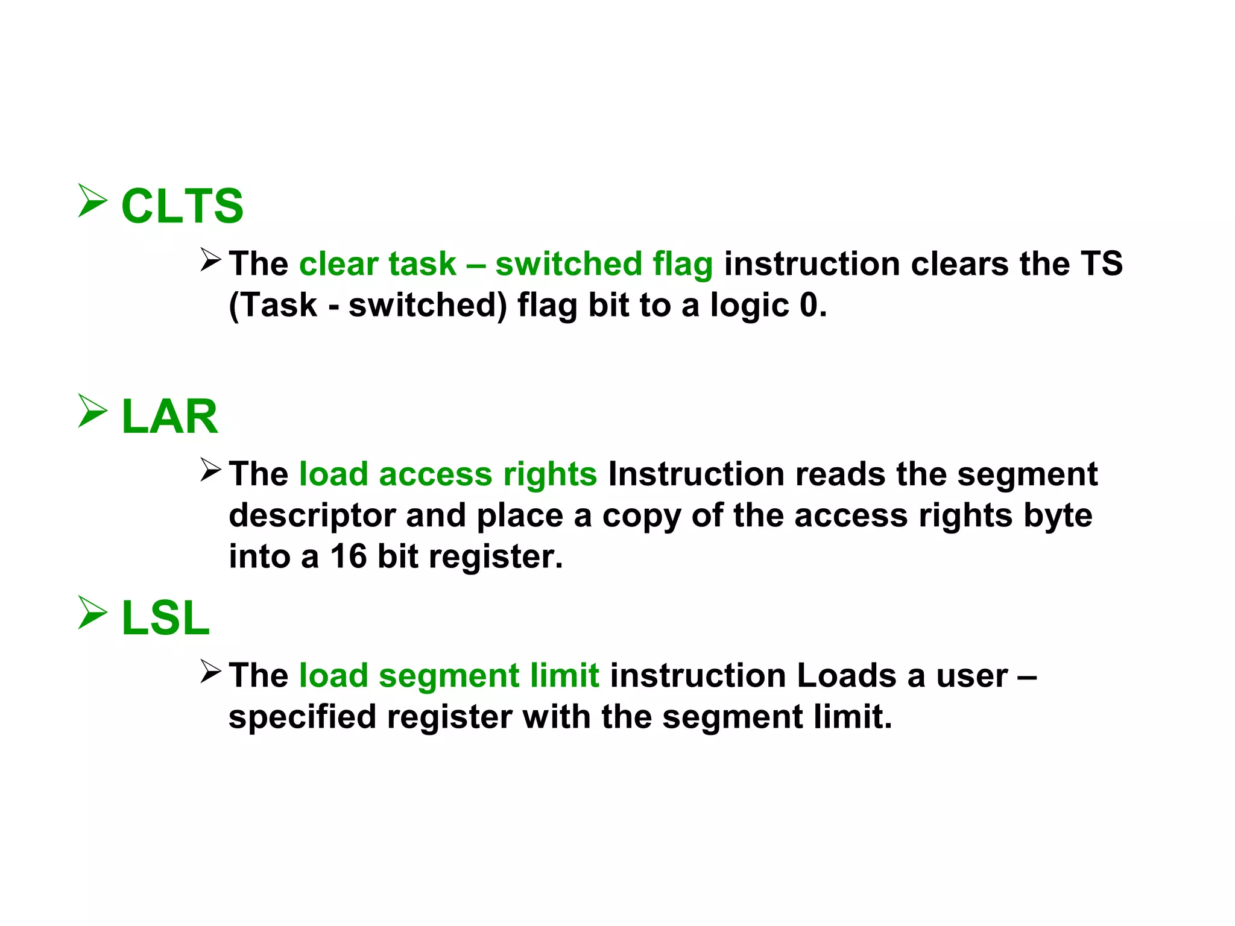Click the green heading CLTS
pos(182,206)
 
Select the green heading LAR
pos(169,417)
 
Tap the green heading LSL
pos(165,618)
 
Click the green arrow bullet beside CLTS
pos(92,201)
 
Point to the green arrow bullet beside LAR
pos(92,411)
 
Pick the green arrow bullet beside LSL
pos(92,613)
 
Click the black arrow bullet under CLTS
pos(211,260)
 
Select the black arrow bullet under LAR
pos(211,470)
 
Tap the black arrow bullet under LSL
pos(211,672)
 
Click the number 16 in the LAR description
pos(348,556)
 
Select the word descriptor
pos(312,516)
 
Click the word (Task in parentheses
pos(273,305)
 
